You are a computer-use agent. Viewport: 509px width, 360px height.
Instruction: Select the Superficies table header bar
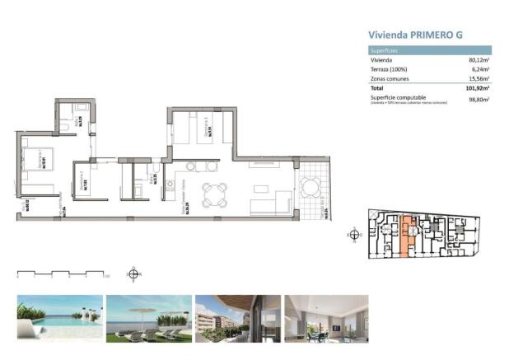(x=429, y=50)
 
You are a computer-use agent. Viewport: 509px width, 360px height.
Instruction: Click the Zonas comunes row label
(x=390, y=78)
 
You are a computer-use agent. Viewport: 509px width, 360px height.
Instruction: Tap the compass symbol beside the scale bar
(x=133, y=274)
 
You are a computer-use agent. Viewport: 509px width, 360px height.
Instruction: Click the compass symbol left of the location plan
(x=354, y=234)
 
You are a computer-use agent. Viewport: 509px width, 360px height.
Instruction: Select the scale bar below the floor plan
(x=61, y=273)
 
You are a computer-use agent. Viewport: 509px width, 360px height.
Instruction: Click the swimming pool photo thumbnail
(x=59, y=318)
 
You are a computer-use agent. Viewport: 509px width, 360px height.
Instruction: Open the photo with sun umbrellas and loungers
(x=148, y=318)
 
